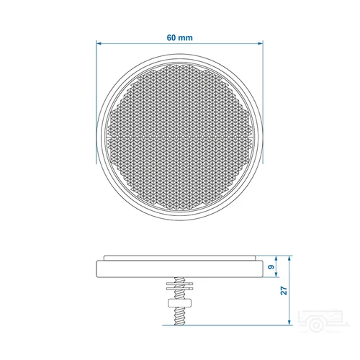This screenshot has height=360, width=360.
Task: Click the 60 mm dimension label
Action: point(180,35)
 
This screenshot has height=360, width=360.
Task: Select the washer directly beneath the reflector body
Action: point(180,283)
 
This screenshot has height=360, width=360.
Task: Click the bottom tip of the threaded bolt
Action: point(180,324)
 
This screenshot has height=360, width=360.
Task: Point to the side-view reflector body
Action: point(180,268)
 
